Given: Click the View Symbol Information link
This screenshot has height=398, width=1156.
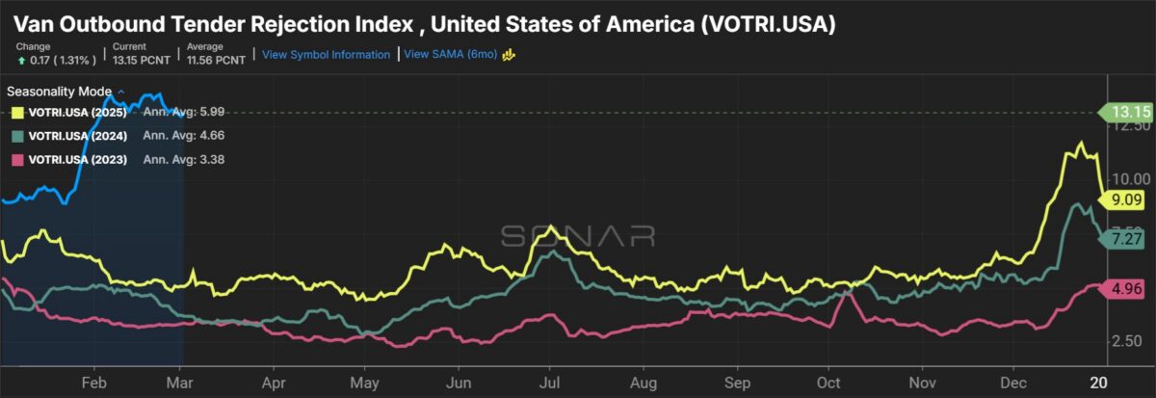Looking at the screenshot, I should tap(326, 55).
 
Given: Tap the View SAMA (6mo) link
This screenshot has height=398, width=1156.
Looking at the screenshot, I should tap(450, 55).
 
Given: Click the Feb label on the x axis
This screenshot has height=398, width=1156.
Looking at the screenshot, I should tap(94, 382).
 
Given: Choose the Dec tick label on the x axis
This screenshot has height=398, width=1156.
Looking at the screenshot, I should tap(1013, 382).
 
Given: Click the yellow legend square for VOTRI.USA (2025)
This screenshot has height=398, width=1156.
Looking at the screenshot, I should tap(17, 113).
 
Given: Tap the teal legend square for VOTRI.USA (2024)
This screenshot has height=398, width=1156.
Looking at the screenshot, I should tap(17, 136).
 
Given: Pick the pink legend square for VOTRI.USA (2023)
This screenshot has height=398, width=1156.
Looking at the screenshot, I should tap(17, 159).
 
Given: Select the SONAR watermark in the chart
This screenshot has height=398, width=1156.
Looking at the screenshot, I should tap(577, 236).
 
